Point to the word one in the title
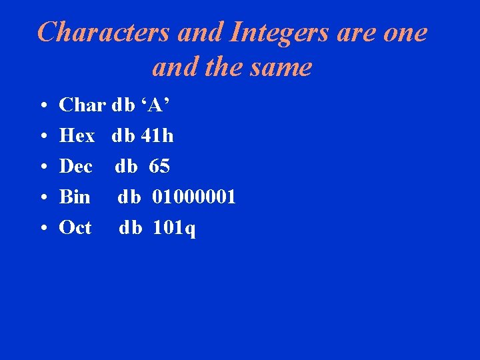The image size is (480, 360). click(x=404, y=32)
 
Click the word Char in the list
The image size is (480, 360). click(x=82, y=105)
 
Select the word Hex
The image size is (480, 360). click(x=77, y=136)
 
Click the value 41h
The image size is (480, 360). click(x=157, y=136)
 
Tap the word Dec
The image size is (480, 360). click(x=76, y=167)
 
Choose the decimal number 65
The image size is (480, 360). click(x=159, y=167)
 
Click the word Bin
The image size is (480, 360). click(x=75, y=197)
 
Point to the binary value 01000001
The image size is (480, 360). click(x=194, y=197)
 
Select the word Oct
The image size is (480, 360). click(x=75, y=228)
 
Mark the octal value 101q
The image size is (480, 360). click(x=174, y=229)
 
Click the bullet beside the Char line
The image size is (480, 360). click(x=42, y=106)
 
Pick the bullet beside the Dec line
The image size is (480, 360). click(x=42, y=167)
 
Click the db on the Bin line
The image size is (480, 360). click(x=129, y=197)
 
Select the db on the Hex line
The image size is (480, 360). click(x=123, y=136)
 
